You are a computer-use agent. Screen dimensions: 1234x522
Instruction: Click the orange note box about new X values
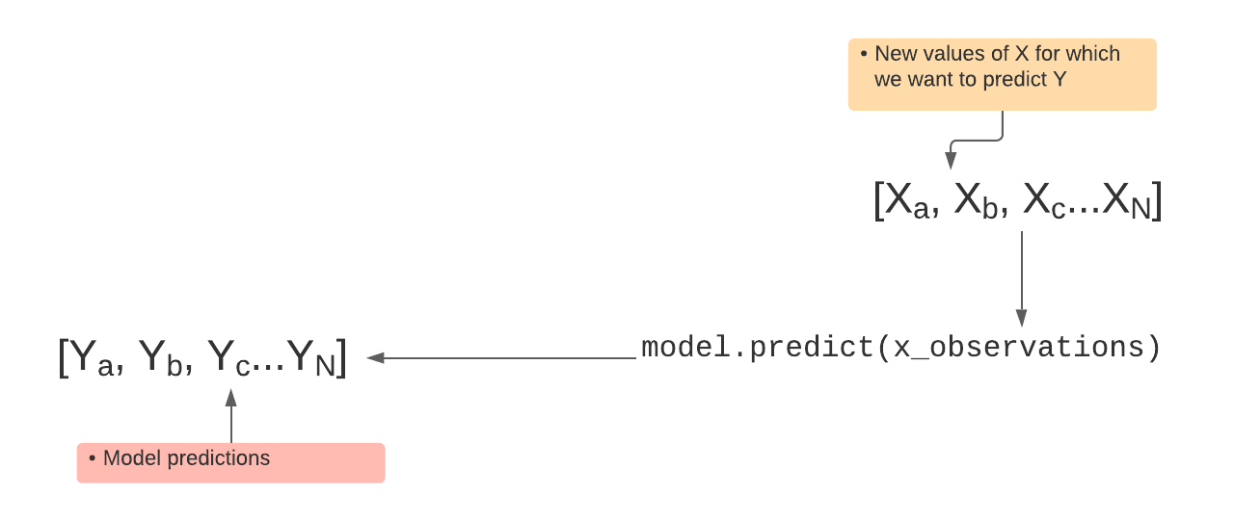pyautogui.click(x=1002, y=74)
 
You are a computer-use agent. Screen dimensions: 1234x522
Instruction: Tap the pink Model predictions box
pyautogui.click(x=230, y=462)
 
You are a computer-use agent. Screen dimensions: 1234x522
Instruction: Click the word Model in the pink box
pyautogui.click(x=132, y=458)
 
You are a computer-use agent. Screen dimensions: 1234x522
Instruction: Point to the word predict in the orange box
pyautogui.click(x=1015, y=80)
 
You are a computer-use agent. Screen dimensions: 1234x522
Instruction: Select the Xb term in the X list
pyautogui.click(x=977, y=201)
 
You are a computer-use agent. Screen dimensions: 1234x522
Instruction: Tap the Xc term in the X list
pyautogui.click(x=1044, y=201)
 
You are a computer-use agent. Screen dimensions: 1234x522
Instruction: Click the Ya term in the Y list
pyautogui.click(x=93, y=358)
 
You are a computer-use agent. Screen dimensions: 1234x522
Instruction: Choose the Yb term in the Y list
pyautogui.click(x=161, y=358)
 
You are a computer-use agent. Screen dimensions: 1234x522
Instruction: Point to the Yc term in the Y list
pyautogui.click(x=229, y=358)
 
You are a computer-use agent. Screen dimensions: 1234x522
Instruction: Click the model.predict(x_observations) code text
pyautogui.click(x=901, y=348)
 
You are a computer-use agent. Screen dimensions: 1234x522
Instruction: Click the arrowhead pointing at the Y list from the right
pyautogui.click(x=375, y=358)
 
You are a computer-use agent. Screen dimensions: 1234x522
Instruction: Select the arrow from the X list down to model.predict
pyautogui.click(x=1022, y=278)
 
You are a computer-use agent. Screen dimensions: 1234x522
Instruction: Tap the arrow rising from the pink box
pyautogui.click(x=231, y=416)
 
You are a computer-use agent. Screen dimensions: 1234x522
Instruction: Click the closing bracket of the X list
pyautogui.click(x=1158, y=201)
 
